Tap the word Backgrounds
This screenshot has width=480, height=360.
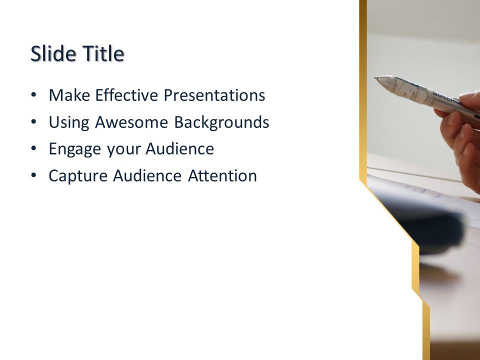point(221,122)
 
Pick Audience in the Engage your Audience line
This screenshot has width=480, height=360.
point(180,149)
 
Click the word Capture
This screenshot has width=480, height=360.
point(78,176)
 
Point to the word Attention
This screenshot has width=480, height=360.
point(222,176)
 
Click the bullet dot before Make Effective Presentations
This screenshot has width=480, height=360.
point(33,95)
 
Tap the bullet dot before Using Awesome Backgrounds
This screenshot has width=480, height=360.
point(33,122)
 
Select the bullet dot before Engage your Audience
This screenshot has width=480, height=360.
point(33,149)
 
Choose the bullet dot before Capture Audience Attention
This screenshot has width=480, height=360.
point(33,176)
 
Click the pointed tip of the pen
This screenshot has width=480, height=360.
point(376,78)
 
